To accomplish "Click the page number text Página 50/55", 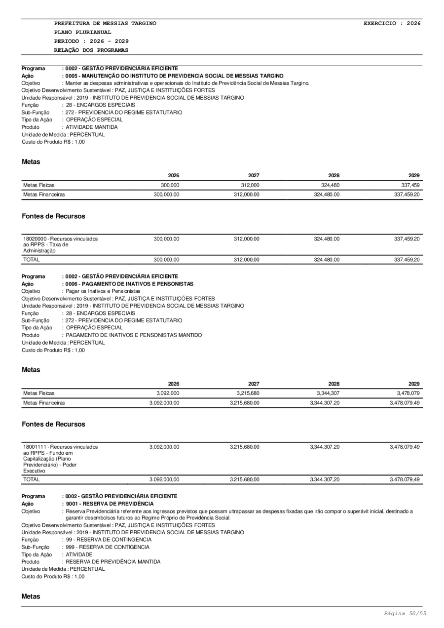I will pyautogui.click(x=405, y=613).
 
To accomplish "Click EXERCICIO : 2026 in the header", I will pyautogui.click(x=392, y=23).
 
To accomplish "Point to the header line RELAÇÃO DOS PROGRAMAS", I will pyautogui.click(x=91, y=50).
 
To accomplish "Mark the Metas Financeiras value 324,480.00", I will pyautogui.click(x=327, y=195).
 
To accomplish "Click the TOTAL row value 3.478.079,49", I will pyautogui.click(x=405, y=479).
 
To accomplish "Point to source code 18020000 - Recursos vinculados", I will pyautogui.click(x=60, y=239).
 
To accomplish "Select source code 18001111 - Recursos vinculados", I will pyautogui.click(x=60, y=447).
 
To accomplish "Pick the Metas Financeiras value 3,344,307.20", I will pyautogui.click(x=325, y=403).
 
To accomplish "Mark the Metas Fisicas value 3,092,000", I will pyautogui.click(x=168, y=393).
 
